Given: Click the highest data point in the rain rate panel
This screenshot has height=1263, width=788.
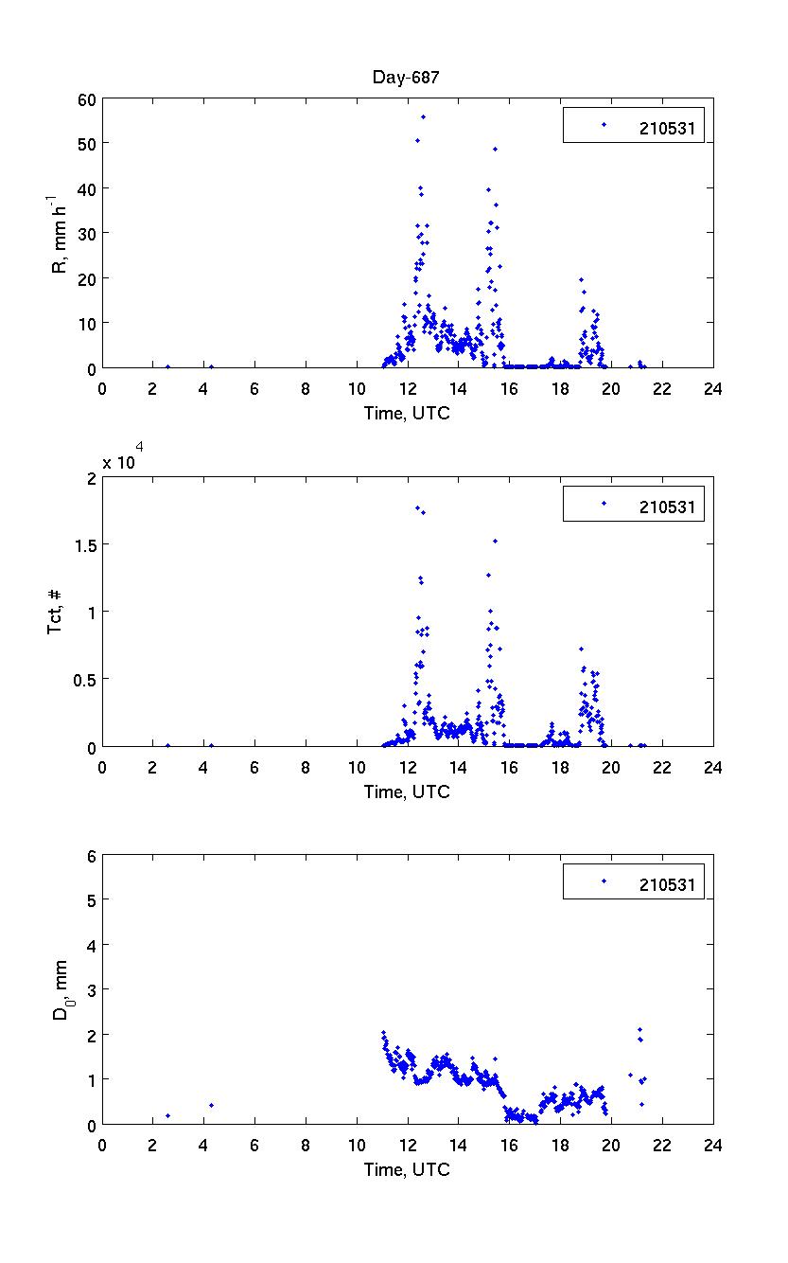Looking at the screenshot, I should (x=423, y=116).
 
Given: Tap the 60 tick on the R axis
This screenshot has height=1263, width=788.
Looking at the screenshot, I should (x=85, y=98).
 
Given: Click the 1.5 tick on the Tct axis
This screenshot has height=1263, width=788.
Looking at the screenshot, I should (x=83, y=544).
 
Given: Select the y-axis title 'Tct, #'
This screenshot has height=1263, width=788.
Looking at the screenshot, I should (x=56, y=612).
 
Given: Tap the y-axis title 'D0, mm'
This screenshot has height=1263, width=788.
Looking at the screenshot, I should (x=60, y=989).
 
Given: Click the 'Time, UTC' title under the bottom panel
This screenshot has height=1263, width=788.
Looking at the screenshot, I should (x=407, y=1170).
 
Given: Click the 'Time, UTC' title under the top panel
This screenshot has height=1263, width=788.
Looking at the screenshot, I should (x=407, y=414).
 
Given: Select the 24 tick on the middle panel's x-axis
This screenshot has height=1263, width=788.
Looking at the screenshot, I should (x=712, y=767).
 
